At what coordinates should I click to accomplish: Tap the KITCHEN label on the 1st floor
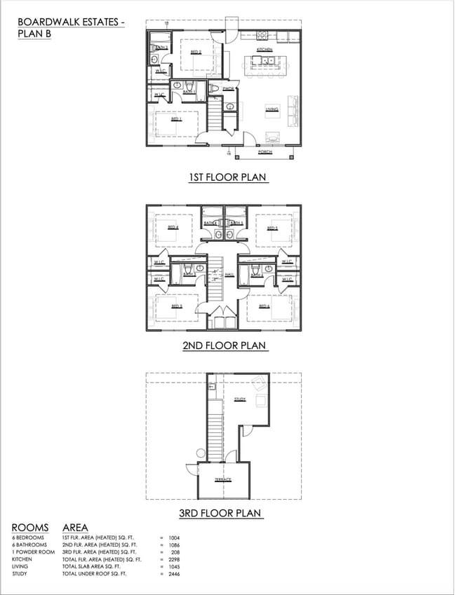point(264,50)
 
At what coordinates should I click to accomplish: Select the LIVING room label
point(271,109)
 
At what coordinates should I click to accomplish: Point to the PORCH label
point(264,151)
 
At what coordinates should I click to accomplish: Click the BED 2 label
point(196,53)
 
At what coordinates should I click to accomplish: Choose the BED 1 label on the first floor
point(176,119)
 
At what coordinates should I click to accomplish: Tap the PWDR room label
point(228,89)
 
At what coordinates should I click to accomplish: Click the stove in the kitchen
point(262,34)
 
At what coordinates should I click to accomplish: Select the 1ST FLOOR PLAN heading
point(227,177)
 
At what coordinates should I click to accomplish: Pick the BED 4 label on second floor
point(173,227)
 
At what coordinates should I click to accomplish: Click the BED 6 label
point(264,306)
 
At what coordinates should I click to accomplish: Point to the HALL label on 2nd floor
point(229,275)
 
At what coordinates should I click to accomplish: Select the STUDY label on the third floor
point(240,399)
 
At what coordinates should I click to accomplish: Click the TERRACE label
point(223,479)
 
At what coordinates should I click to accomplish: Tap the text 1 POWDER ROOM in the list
point(33,552)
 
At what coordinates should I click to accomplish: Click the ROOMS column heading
point(30,528)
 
